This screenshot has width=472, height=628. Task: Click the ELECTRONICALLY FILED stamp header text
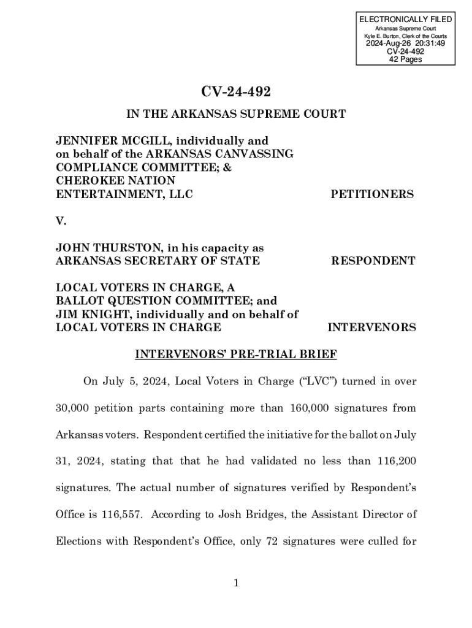click(405, 20)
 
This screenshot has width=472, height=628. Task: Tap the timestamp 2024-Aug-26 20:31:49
click(405, 44)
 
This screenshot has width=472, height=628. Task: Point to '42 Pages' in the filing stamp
click(405, 59)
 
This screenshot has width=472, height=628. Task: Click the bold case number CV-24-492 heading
click(236, 92)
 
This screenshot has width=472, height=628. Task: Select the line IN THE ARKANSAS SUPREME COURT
click(236, 114)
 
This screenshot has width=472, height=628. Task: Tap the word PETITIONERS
click(372, 194)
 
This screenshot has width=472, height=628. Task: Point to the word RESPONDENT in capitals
click(373, 261)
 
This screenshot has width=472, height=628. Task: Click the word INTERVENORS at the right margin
click(371, 327)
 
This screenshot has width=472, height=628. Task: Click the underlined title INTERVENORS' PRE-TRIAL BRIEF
click(236, 354)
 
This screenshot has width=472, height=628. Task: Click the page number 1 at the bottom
click(236, 583)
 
